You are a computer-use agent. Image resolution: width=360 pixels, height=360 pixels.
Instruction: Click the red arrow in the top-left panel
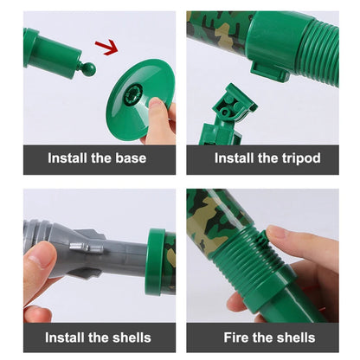click(106, 47)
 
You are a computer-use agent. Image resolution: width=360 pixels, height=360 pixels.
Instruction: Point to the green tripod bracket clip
click(226, 117)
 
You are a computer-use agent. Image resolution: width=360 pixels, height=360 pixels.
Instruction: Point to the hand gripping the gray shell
click(39, 277)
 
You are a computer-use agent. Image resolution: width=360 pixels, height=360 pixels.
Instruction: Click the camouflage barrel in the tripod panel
click(216, 30)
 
